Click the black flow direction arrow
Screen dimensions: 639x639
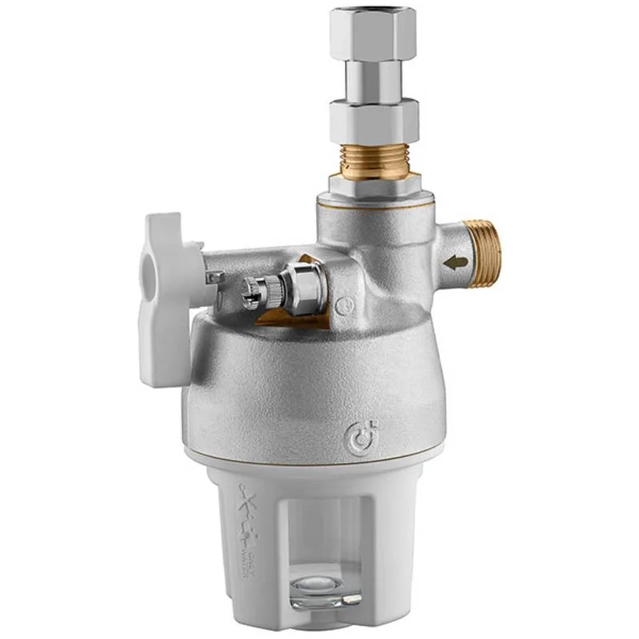tap(457, 262)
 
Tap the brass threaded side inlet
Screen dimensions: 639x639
tap(485, 253)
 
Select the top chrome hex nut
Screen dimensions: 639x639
tap(373, 33)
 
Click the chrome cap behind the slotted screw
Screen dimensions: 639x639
tap(308, 288)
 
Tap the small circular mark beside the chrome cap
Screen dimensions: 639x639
tap(344, 305)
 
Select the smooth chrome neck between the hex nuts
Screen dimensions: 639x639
tap(373, 80)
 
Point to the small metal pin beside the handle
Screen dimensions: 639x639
tap(214, 277)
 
